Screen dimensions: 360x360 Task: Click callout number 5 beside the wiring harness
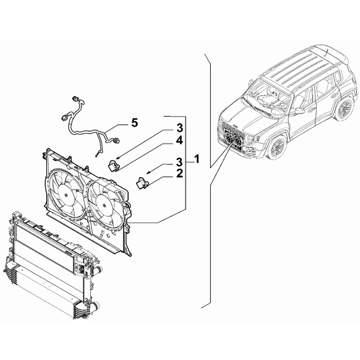click(133, 123)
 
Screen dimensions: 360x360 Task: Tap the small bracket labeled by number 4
click(115, 166)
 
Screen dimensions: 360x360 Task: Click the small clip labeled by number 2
click(142, 183)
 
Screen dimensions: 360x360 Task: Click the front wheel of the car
click(277, 147)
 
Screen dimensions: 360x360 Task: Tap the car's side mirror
click(299, 110)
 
